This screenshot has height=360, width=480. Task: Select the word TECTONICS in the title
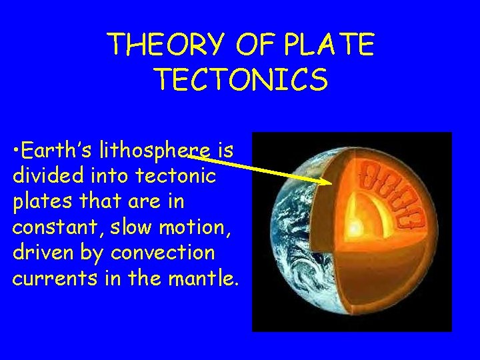pos(241,79)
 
